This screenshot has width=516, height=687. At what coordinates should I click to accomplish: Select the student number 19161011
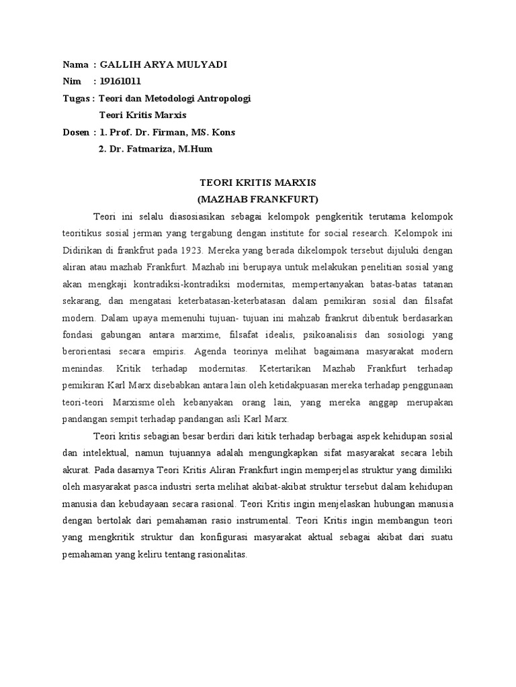pyautogui.click(x=120, y=81)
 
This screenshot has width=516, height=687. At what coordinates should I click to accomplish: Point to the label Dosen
pyautogui.click(x=77, y=132)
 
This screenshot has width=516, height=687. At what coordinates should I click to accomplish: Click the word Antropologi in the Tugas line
pyautogui.click(x=224, y=99)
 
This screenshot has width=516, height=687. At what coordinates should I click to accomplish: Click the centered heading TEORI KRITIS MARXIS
pyautogui.click(x=258, y=182)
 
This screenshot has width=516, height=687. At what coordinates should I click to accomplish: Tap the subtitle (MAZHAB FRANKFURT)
pyautogui.click(x=258, y=199)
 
